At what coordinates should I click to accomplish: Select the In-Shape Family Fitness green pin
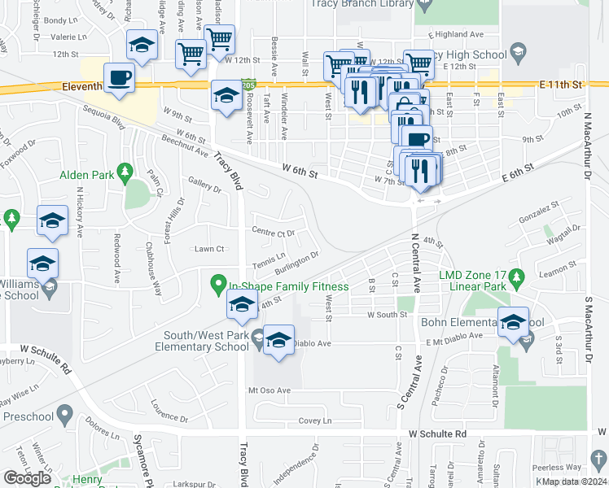tap(217, 285)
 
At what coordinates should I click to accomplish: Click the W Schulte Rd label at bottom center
tap(438, 434)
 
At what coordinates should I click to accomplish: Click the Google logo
tap(28, 477)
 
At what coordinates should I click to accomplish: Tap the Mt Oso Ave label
tap(269, 390)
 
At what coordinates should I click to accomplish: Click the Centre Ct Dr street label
tap(273, 233)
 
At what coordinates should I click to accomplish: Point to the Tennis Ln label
tap(269, 264)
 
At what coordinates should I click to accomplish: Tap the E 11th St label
tap(561, 85)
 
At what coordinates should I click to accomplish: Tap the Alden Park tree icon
tap(125, 172)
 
